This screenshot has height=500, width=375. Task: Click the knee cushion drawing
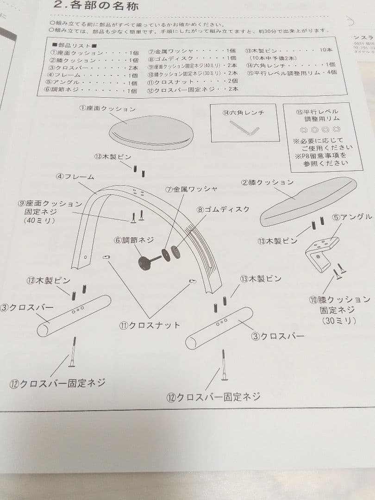[x=307, y=201]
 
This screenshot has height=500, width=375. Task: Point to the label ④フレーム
[x=75, y=177]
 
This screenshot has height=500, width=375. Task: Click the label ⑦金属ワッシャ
[x=191, y=189]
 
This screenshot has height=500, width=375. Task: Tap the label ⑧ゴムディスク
[x=223, y=209]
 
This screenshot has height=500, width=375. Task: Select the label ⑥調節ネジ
[x=134, y=240]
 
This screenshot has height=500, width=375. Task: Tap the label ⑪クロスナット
[x=150, y=325]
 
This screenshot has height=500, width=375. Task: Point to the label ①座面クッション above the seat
[x=107, y=109]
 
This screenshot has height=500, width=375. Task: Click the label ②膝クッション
[x=267, y=182]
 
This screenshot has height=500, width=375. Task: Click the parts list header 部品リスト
[x=74, y=45]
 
